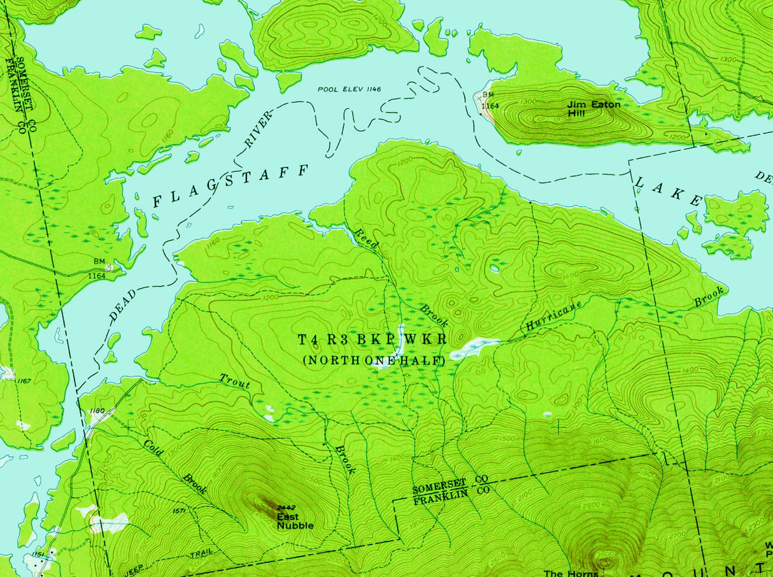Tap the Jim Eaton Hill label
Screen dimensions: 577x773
(594, 108)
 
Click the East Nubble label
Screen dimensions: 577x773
(295, 522)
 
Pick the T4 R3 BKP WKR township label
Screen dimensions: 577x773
(372, 339)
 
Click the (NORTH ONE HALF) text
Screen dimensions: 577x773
(373, 360)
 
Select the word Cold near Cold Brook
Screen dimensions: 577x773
(153, 447)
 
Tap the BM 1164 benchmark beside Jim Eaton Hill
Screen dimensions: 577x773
(489, 101)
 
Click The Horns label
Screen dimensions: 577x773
(571, 573)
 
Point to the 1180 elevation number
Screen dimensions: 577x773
(97, 410)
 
